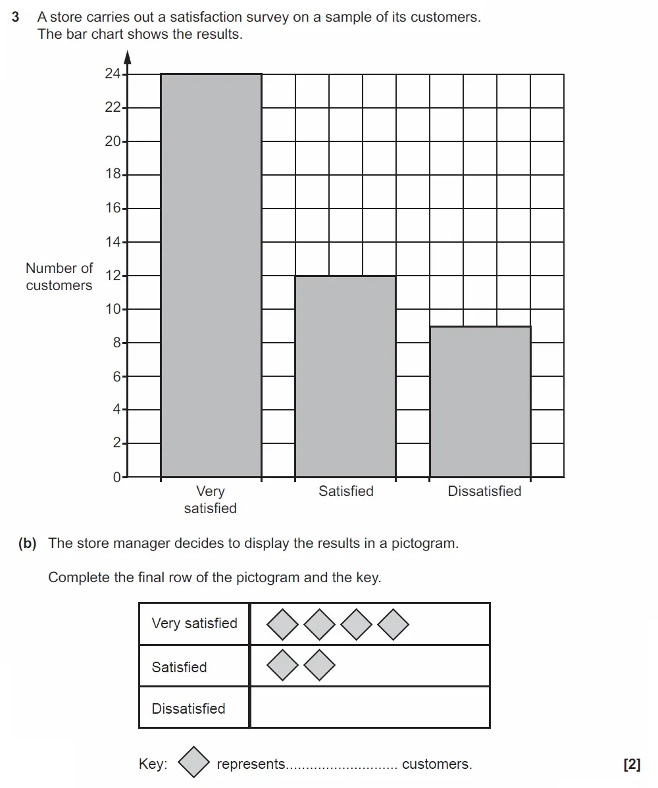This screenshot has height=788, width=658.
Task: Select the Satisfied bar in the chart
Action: (345, 376)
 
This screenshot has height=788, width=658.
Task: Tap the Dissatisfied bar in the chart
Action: (480, 401)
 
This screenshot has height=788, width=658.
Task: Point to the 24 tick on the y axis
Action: (113, 74)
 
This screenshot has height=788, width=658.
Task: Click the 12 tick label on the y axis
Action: (113, 276)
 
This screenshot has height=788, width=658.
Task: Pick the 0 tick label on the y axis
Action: (116, 477)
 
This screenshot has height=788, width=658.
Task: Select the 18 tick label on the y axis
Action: (113, 175)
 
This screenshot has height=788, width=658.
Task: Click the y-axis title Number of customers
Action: (59, 277)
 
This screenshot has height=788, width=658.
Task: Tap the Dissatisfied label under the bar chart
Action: (484, 491)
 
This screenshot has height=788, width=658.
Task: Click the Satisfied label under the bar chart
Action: (345, 491)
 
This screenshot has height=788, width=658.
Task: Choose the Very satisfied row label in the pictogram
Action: (194, 624)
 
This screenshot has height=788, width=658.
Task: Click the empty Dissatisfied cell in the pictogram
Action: (370, 708)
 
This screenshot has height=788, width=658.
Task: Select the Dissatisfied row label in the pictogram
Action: (188, 708)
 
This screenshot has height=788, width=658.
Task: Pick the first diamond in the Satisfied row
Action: (283, 666)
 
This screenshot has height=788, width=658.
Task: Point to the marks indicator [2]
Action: (632, 764)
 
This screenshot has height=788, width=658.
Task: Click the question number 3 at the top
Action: (16, 17)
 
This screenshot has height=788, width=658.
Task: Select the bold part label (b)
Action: (28, 543)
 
